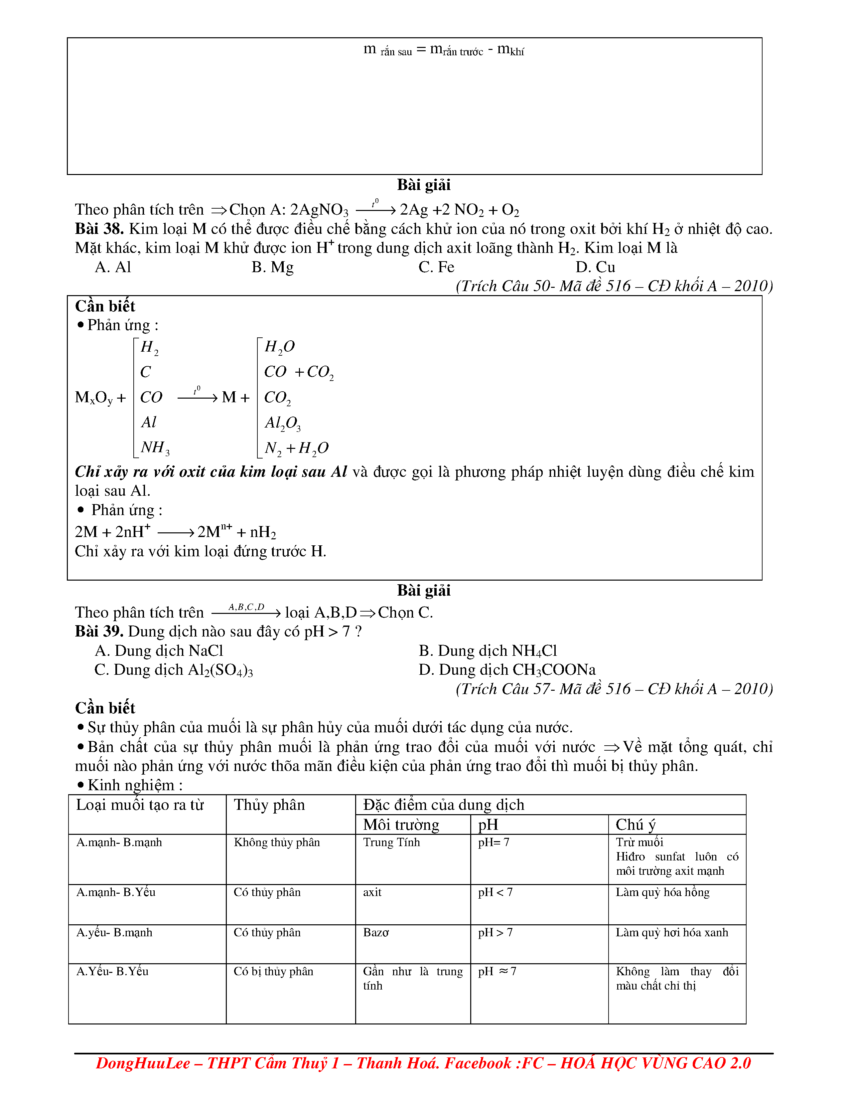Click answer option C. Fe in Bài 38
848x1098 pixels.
(436, 267)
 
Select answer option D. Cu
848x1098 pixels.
(595, 267)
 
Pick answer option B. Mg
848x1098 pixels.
(272, 267)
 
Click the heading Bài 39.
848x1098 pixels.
(99, 632)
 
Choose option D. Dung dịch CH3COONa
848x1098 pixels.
(507, 670)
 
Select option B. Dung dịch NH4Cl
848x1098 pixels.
(488, 650)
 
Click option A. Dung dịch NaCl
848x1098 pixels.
(159, 650)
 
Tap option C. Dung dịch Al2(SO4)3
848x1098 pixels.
(174, 670)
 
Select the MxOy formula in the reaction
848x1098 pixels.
(94, 398)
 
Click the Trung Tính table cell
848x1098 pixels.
(391, 842)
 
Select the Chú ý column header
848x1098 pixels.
(636, 824)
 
